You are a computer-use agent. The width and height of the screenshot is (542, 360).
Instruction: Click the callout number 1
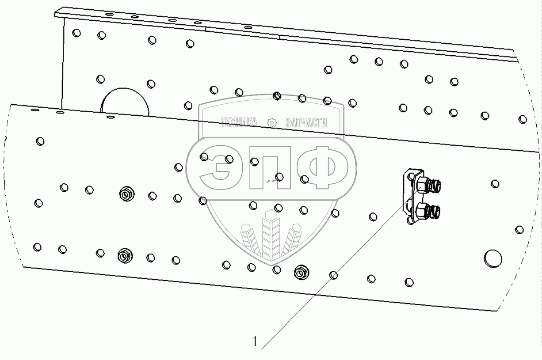(254, 341)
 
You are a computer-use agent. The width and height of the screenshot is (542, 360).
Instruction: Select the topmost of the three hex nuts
(126, 193)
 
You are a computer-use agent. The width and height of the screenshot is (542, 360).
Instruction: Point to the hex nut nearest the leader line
(302, 273)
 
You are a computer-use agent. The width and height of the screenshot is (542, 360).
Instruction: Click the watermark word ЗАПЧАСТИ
(306, 123)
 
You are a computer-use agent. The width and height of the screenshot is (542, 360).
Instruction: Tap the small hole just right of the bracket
(495, 183)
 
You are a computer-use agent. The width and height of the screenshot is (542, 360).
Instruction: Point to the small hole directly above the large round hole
(519, 229)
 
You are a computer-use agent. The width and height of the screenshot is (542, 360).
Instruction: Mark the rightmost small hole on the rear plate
(523, 119)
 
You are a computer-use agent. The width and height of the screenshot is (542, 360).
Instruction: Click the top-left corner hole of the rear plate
(76, 33)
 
